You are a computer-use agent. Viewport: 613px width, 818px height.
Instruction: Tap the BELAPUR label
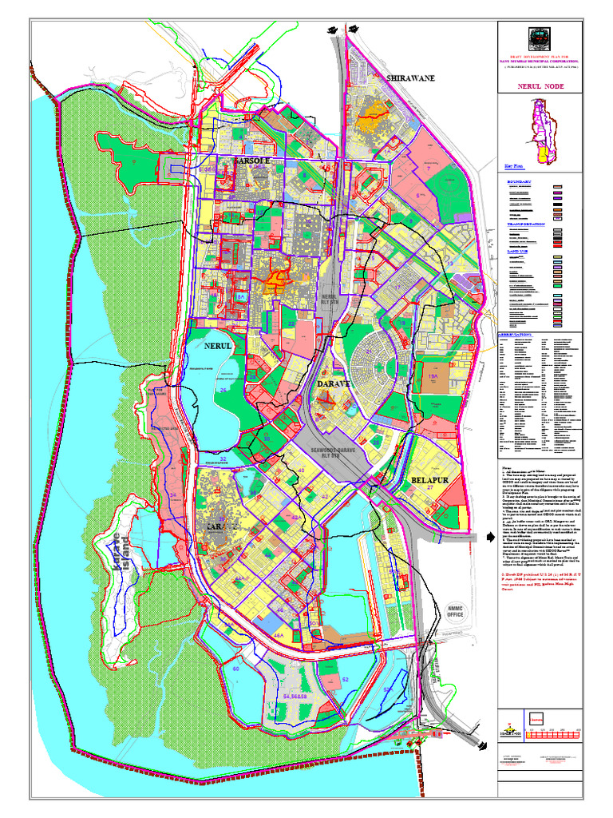(x=432, y=480)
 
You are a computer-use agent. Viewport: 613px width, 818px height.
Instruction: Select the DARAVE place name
(x=335, y=385)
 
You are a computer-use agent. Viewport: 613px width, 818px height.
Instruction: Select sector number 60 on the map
(x=236, y=669)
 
